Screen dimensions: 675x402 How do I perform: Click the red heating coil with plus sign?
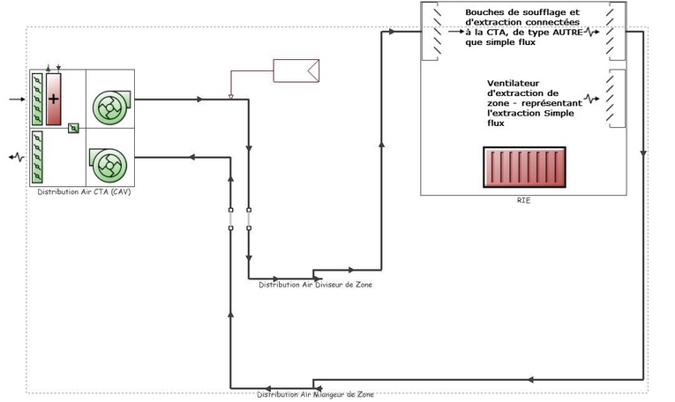(53, 100)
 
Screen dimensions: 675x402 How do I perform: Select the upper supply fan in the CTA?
(111, 108)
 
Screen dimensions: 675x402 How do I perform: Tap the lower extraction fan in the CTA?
(108, 165)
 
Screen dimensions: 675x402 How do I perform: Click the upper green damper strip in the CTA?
(37, 100)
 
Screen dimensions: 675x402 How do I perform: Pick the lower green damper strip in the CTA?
(37, 157)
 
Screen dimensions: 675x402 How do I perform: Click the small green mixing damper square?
(73, 128)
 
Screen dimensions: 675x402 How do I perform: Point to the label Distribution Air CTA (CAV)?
(84, 192)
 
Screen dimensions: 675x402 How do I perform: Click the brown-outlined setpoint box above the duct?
(296, 71)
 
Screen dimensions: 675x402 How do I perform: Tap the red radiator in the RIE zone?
(524, 167)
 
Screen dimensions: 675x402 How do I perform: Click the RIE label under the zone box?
(523, 200)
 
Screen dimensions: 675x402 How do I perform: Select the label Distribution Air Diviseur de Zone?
(316, 285)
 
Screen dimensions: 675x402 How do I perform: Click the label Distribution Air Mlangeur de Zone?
(316, 394)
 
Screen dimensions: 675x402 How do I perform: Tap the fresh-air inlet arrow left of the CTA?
(18, 100)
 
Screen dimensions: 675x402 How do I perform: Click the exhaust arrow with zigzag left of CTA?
(17, 157)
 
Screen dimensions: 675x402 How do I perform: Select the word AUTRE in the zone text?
(568, 33)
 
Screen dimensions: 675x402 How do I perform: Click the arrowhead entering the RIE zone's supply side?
(392, 32)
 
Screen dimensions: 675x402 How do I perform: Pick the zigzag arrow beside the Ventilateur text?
(591, 100)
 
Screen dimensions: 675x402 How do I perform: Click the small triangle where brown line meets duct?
(231, 97)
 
